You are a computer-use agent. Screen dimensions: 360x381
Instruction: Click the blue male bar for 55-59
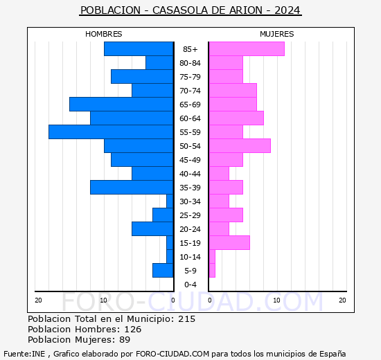click(111, 132)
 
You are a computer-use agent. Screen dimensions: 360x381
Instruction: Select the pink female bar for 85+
click(247, 49)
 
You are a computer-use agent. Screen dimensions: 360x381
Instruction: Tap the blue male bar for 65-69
click(121, 105)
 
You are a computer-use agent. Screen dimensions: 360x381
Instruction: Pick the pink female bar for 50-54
click(240, 146)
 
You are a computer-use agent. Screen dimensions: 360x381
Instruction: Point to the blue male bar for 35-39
click(132, 188)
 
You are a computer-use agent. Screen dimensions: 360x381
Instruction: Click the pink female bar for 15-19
click(229, 243)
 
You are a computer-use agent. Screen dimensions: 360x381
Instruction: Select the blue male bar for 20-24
click(152, 229)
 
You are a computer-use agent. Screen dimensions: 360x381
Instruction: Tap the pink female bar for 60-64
click(236, 118)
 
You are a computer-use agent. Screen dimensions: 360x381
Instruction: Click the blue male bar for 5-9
click(163, 271)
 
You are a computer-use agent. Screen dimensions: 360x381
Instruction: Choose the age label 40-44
click(190, 174)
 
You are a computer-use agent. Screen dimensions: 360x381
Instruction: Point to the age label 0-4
click(190, 285)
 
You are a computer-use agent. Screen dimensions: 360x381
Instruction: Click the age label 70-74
click(190, 91)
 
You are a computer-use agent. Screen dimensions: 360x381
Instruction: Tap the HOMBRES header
click(104, 34)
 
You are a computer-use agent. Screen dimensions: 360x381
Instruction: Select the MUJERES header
click(277, 34)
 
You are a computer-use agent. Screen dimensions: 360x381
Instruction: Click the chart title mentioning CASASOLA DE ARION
click(190, 11)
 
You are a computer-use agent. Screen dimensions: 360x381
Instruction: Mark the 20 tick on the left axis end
click(39, 300)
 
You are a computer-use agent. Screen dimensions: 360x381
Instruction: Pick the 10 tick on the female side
click(276, 300)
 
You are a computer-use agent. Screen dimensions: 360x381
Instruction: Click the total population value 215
click(186, 319)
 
